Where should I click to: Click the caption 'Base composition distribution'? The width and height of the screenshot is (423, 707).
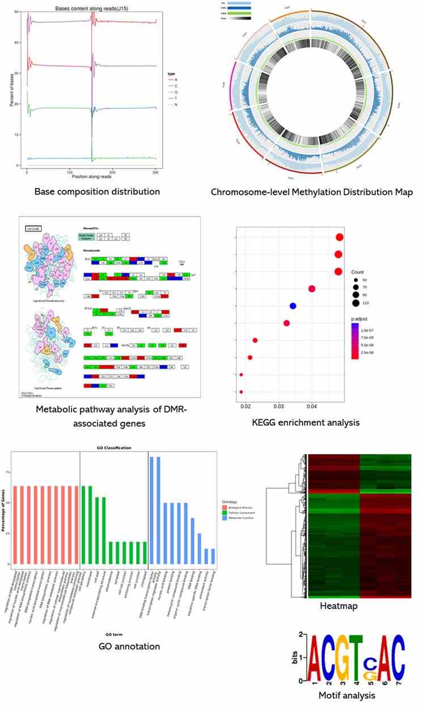pos(97,191)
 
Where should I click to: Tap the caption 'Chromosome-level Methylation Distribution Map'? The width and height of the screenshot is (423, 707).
pos(312,192)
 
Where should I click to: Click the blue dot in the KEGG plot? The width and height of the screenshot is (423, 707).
pos(293,306)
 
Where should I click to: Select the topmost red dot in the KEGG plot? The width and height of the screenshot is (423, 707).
pos(340,237)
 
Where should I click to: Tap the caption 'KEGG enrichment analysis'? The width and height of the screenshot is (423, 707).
pos(306,422)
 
